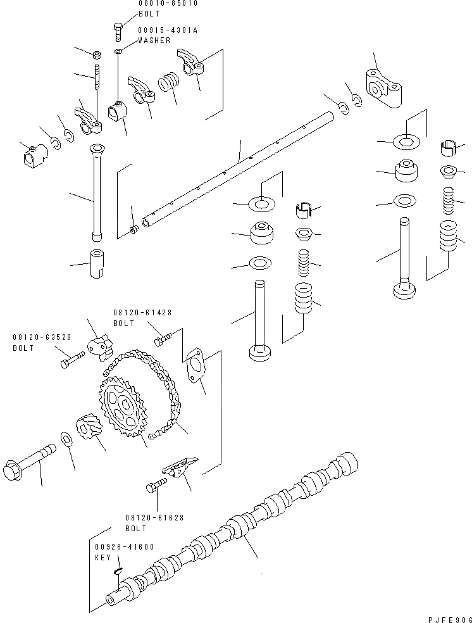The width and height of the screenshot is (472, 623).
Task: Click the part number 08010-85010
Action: (x=168, y=3)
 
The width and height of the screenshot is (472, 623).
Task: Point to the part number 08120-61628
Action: (x=154, y=517)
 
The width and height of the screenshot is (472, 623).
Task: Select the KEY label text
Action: (x=103, y=558)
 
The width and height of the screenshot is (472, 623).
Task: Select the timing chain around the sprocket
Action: (x=165, y=405)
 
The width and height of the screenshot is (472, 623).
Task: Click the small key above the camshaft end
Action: (x=118, y=571)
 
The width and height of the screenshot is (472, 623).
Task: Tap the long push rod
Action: (x=97, y=193)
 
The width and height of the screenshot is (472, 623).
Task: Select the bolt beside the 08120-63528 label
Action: (x=72, y=359)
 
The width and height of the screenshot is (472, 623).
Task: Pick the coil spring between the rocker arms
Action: (x=168, y=83)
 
